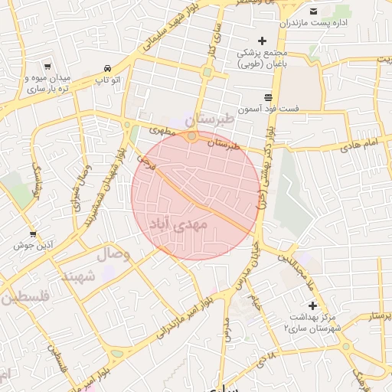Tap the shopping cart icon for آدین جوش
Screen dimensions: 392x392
[x=33, y=234]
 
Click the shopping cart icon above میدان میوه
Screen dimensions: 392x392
[x=47, y=67]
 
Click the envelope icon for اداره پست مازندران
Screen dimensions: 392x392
[x=313, y=11]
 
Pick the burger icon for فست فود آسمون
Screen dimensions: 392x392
[x=267, y=97]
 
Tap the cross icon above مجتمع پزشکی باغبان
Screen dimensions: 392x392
[x=262, y=41]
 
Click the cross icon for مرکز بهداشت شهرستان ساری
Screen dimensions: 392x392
[x=312, y=305]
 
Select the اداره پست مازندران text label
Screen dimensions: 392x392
[x=337, y=24]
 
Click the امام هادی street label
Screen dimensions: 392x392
[x=360, y=143]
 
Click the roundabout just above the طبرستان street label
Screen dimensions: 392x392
[x=191, y=136]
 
